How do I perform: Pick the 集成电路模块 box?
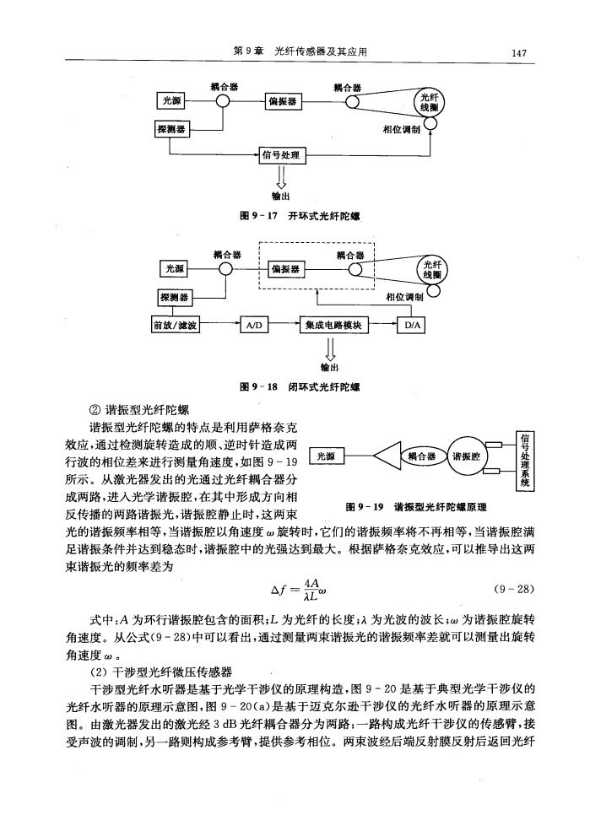(333, 325)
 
